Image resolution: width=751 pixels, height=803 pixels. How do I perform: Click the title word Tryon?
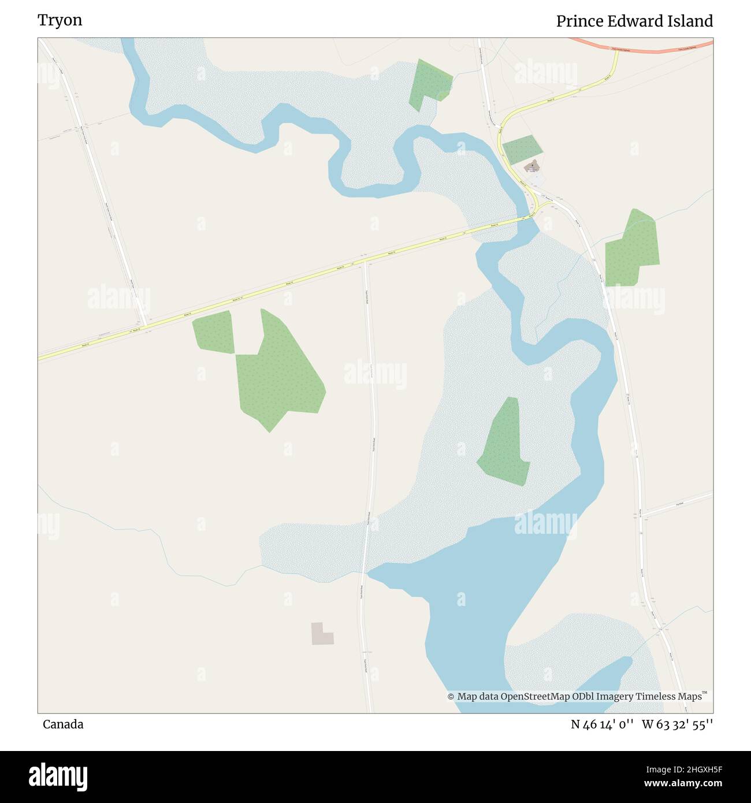60,20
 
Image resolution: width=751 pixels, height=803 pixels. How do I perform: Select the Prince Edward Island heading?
634,21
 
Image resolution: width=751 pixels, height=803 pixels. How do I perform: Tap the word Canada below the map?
63,724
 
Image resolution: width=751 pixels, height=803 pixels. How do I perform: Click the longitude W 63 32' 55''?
677,724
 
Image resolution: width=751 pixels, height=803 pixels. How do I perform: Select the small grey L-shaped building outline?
321,634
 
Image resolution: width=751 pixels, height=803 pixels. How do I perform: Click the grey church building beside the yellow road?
532,167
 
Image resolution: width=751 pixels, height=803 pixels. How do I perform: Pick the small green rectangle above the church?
522,149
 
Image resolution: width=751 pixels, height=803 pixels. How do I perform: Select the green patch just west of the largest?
213,332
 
